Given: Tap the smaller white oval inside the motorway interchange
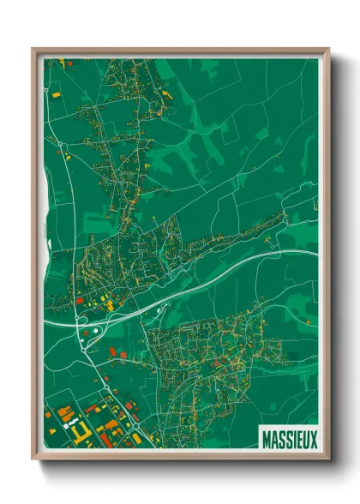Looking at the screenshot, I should pyautogui.click(x=83, y=340).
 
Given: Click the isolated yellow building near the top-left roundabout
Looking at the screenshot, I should pyautogui.click(x=57, y=93).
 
